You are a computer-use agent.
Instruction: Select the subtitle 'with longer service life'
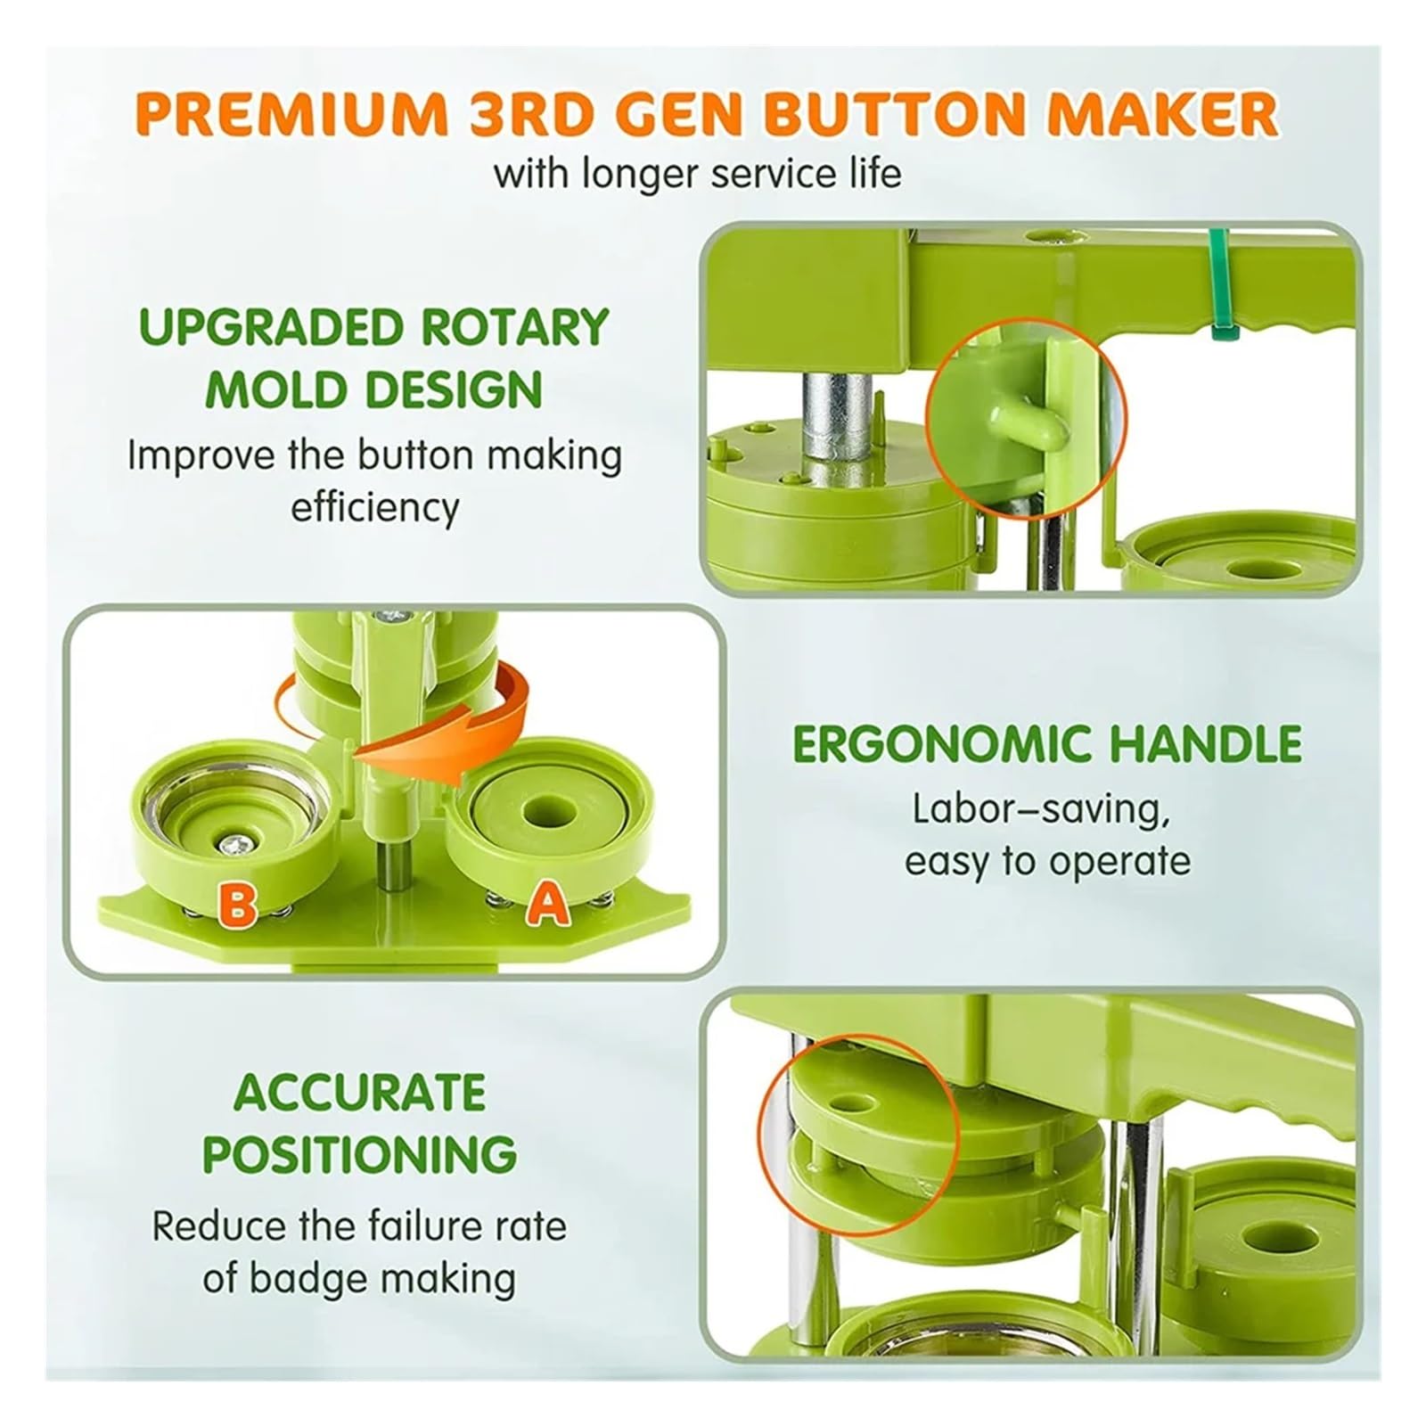(697, 172)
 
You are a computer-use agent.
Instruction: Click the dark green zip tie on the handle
(1216, 283)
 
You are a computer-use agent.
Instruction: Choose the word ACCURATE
(360, 1093)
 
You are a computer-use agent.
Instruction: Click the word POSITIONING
(360, 1154)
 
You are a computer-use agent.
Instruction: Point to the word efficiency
(375, 509)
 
